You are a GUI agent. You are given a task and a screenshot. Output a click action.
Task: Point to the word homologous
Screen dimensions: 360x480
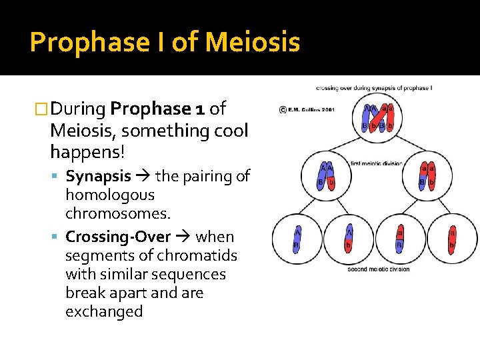pos(109,195)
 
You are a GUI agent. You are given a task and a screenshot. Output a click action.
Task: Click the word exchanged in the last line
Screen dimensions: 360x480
pos(104,311)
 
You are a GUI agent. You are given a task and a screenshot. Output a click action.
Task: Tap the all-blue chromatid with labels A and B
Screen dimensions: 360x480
pos(297,239)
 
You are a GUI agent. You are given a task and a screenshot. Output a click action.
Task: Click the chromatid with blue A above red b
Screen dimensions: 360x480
pos(349,239)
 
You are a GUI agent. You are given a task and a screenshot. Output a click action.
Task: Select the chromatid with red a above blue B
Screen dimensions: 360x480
pos(400,239)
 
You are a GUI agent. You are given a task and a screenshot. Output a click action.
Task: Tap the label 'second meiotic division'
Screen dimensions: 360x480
pos(378,269)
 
